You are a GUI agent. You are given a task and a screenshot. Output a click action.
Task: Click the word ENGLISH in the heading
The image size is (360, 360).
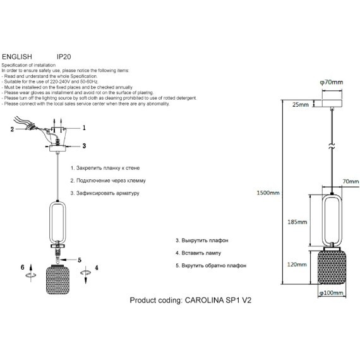[17, 56]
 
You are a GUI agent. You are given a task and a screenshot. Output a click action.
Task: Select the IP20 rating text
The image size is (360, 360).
[64, 57]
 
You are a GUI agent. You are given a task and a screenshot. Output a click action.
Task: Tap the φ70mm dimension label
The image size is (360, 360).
[332, 82]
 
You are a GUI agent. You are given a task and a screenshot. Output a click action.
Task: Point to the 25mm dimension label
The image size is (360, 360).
[301, 105]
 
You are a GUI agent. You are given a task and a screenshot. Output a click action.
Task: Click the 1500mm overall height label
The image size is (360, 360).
[268, 193]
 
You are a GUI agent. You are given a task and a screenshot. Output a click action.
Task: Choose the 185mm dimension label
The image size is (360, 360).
[297, 222]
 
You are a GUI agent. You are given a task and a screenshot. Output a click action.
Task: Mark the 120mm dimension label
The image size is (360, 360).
[297, 265]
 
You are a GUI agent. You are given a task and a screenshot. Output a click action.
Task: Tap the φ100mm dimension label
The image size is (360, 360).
[332, 293]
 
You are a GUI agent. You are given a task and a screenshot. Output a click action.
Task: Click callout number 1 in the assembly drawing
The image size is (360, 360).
[84, 128]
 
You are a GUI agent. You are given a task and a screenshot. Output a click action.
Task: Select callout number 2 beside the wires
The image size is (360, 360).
[12, 129]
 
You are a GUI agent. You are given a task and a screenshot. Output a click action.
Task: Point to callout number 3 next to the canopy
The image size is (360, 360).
[84, 146]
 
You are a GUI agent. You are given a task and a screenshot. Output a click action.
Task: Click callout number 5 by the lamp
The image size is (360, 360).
[80, 260]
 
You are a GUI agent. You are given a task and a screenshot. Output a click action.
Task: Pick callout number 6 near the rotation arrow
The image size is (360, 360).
[23, 267]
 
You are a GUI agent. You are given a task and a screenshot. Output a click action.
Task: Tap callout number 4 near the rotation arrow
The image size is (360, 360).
[97, 268]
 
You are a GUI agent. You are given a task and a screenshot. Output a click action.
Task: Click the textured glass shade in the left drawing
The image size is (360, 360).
[57, 280]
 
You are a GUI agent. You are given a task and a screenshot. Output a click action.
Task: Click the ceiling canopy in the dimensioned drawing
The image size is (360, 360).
[332, 104]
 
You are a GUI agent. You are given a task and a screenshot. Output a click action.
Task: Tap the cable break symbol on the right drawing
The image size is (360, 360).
[332, 145]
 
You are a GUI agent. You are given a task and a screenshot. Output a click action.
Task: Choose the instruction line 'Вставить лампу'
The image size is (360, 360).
[201, 253]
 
